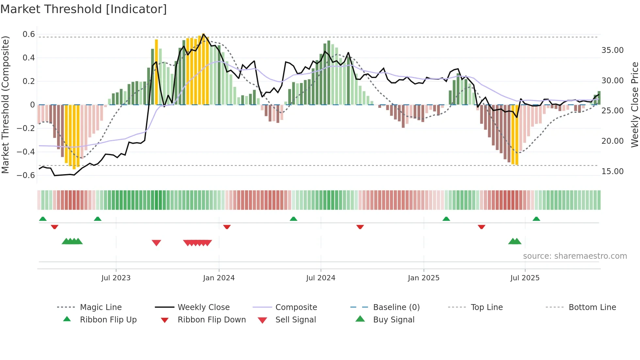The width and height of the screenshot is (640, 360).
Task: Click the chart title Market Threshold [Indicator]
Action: pyautogui.click(x=84, y=9)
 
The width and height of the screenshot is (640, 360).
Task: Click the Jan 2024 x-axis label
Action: pyautogui.click(x=219, y=278)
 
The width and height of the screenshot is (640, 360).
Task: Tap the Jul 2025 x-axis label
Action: pyautogui.click(x=525, y=278)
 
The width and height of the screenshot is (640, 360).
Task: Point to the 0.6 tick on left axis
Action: pyautogui.click(x=29, y=34)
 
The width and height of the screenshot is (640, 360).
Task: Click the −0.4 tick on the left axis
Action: pyautogui.click(x=26, y=152)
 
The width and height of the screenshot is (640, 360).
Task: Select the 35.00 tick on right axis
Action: pyautogui.click(x=612, y=50)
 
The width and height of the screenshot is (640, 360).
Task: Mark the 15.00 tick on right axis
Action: pyautogui.click(x=612, y=172)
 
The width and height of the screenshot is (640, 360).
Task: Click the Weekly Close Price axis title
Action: pyautogui.click(x=634, y=105)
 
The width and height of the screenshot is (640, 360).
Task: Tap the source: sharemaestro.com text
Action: pyautogui.click(x=575, y=256)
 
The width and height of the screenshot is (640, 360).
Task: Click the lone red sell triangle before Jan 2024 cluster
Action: pyautogui.click(x=156, y=243)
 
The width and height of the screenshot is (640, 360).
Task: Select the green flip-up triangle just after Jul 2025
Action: pyautogui.click(x=536, y=219)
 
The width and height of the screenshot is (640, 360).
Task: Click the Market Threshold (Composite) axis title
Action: pyautogui.click(x=5, y=105)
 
